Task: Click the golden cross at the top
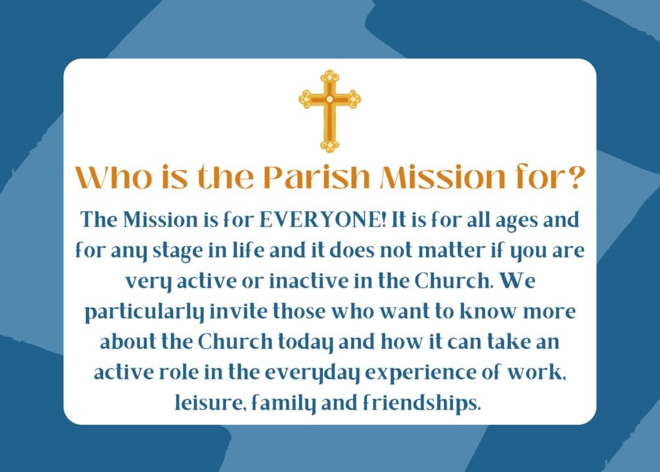point(329,111)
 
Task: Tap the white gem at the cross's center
point(329,99)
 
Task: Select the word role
point(179,373)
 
